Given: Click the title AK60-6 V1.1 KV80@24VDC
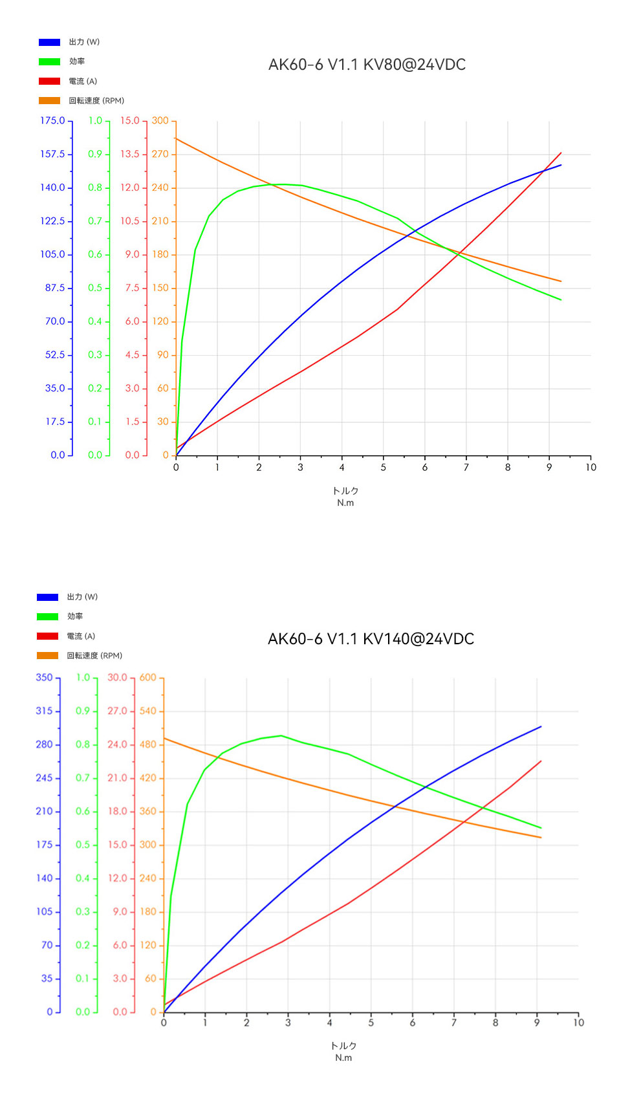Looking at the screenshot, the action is coord(367,65).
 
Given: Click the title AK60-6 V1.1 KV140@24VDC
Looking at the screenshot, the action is coord(371,638).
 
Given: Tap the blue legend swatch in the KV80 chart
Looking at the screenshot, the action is coord(49,42).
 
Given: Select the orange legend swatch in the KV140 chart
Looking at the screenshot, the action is coord(47,655).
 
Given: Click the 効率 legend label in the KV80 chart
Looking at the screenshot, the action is coord(77,61).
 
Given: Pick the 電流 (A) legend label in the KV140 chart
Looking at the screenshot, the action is coord(81,636).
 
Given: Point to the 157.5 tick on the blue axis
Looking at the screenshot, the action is coord(52,154).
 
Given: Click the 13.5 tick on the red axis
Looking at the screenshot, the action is coord(130,154).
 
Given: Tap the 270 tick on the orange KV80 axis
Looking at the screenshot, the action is coord(160,154).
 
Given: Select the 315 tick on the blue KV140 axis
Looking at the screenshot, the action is coord(44,711).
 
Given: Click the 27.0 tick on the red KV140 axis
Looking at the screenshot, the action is coord(118,711).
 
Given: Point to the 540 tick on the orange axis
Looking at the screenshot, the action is coord(148,711).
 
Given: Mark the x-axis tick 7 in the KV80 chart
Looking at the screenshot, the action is coord(466,467).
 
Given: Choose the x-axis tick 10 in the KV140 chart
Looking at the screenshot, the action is coord(578,1023).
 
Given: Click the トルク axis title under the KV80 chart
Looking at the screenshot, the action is coord(345,491).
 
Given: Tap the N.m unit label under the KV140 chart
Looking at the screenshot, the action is coord(343,1058).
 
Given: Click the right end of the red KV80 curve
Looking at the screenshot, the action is coord(561,153).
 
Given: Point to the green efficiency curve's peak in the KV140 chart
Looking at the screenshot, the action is coord(281,735).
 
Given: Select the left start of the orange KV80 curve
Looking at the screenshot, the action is coord(177,138).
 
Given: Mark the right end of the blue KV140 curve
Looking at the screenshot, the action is coord(541,727).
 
